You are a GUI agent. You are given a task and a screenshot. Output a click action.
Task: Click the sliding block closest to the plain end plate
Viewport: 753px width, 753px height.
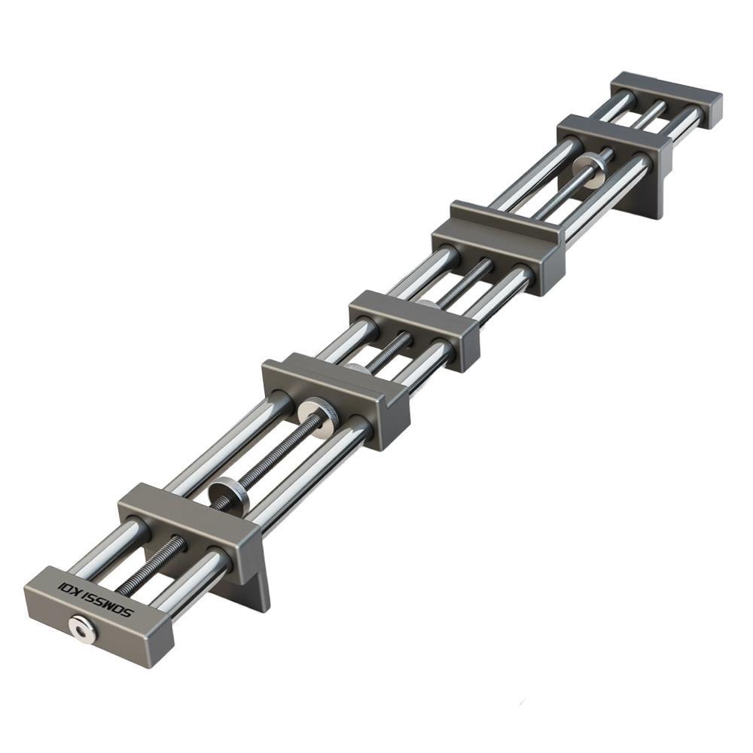(614, 139)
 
